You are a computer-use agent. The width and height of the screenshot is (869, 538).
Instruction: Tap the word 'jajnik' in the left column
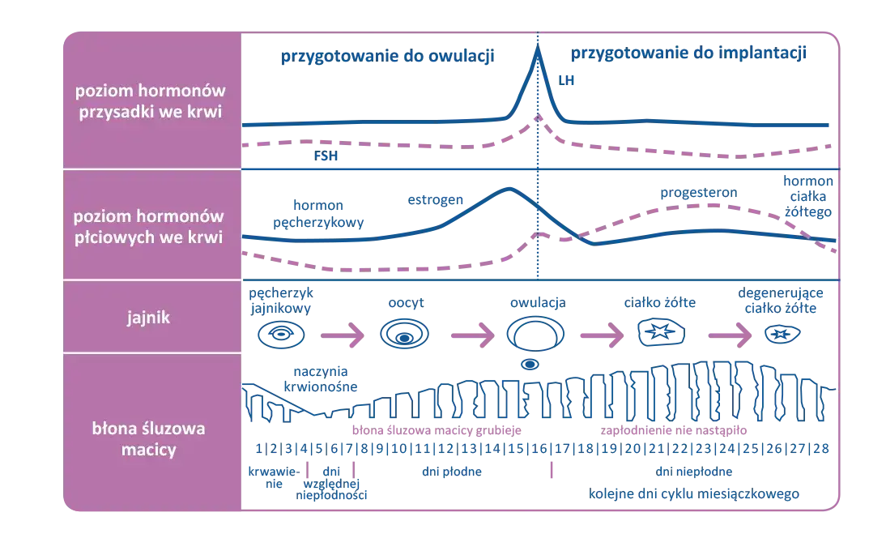(x=151, y=318)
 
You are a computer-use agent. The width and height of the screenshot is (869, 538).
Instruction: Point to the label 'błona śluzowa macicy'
(x=151, y=438)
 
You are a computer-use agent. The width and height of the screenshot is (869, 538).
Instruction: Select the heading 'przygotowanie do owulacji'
(x=387, y=57)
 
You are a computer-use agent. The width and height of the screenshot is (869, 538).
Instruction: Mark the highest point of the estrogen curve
(x=508, y=188)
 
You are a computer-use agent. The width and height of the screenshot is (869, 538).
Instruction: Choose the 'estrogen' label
(x=436, y=199)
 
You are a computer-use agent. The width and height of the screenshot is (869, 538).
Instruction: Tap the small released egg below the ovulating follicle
(x=530, y=364)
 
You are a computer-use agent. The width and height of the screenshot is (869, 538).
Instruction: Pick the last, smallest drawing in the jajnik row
(x=781, y=333)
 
